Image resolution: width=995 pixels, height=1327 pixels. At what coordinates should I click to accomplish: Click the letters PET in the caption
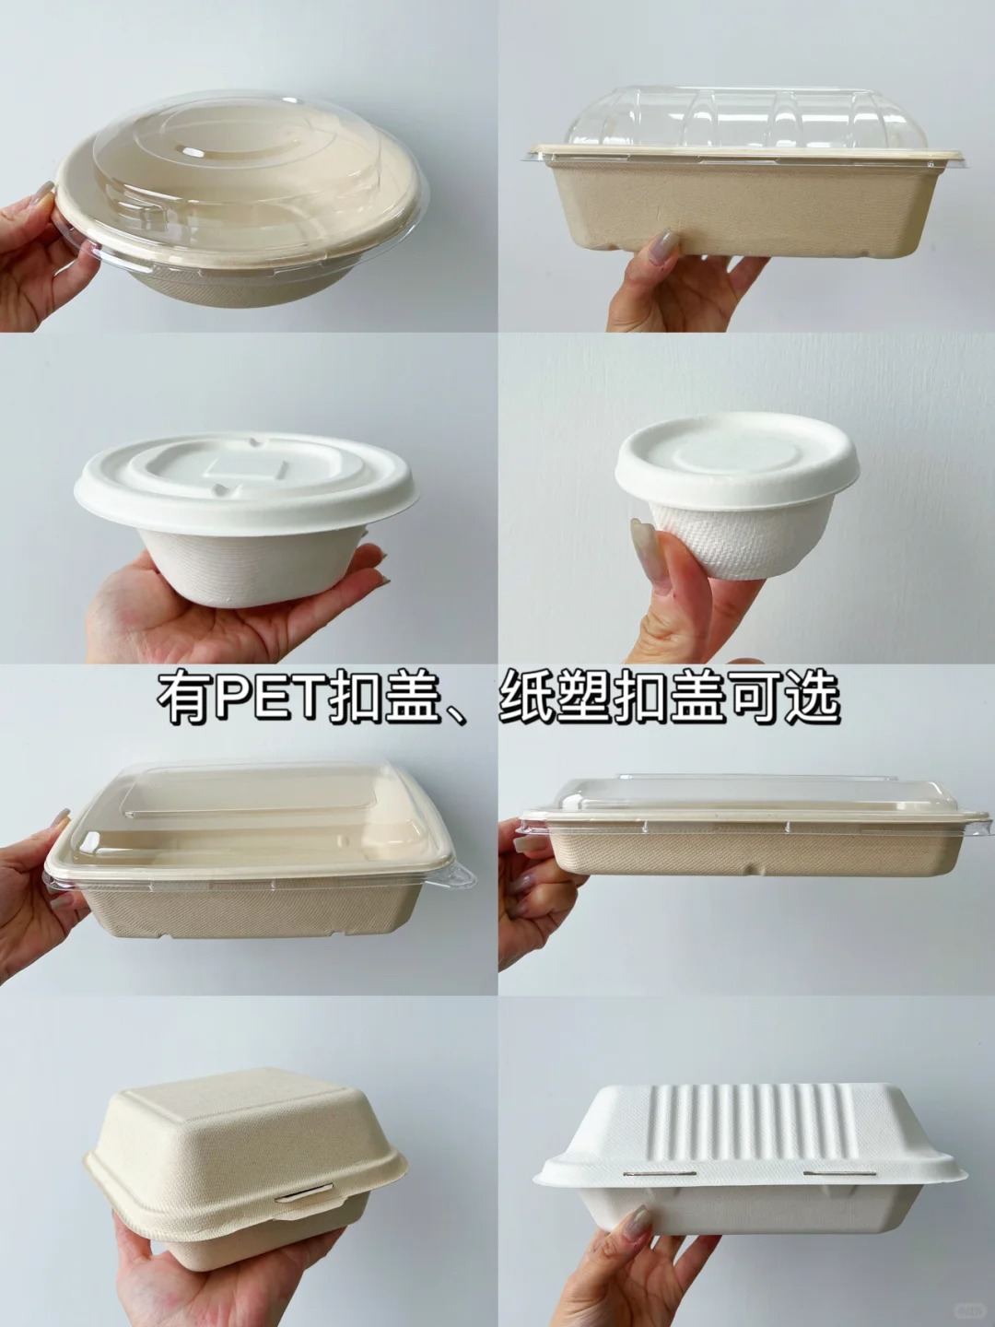[x=267, y=700]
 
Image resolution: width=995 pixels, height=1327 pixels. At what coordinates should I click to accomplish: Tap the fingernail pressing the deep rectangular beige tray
[x=663, y=247]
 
